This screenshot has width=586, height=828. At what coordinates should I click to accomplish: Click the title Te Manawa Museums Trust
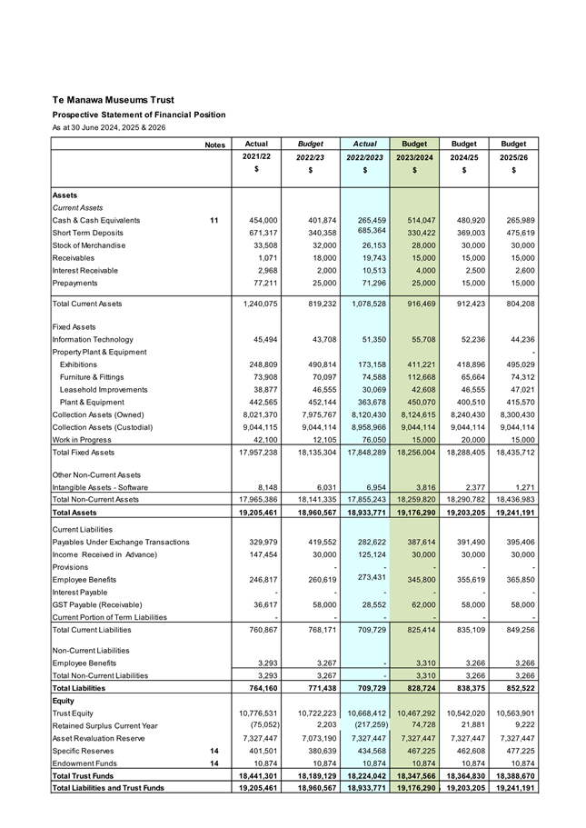coord(113,99)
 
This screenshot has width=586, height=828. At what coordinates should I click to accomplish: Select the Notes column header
coord(214,145)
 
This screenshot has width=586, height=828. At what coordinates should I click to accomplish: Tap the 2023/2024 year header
coord(414,157)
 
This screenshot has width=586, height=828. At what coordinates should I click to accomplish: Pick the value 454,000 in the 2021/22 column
coord(258,220)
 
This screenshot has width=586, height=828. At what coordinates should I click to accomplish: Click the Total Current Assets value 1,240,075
coord(254,303)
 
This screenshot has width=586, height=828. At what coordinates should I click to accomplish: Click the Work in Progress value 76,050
coord(368,439)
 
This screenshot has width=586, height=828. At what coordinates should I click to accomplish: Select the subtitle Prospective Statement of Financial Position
coord(138,115)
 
